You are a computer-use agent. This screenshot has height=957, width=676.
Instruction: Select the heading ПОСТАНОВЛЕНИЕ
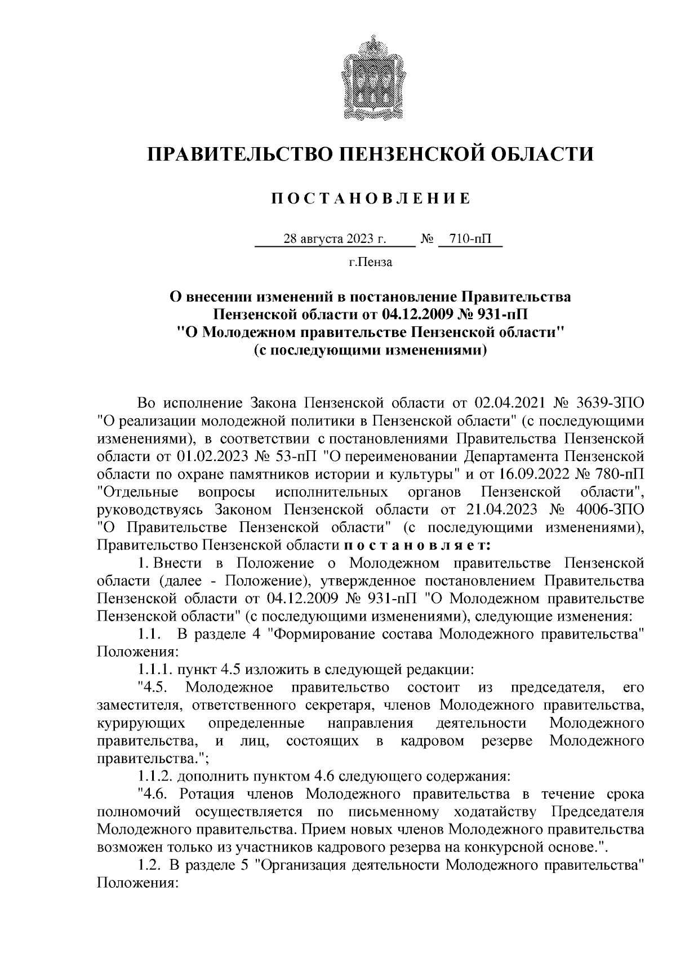(370, 198)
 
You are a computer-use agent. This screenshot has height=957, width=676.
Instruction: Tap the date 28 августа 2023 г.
(335, 240)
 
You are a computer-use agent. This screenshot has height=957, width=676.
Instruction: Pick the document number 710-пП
(470, 240)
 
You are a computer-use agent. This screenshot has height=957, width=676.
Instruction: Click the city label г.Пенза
(370, 262)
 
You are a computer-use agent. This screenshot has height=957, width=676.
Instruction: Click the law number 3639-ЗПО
(611, 404)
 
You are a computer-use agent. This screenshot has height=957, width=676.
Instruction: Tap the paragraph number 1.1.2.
(155, 776)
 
